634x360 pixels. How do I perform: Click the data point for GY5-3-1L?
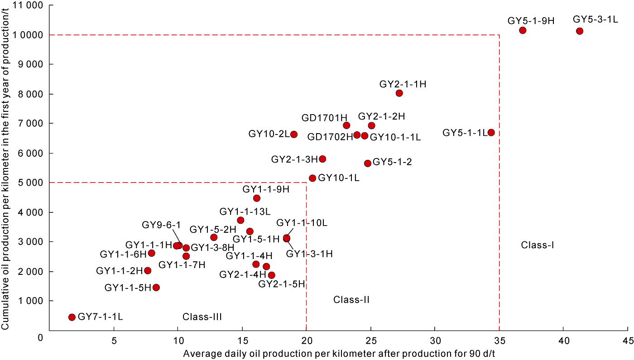coord(580,31)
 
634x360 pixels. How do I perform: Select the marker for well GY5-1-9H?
coord(523,30)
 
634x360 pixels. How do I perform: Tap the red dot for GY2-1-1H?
coord(399,93)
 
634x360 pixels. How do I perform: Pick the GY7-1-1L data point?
coord(72,317)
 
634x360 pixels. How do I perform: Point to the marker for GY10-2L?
coord(294,134)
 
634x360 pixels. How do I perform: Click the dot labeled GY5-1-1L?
coord(491,133)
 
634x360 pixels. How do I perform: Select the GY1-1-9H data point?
coord(257,198)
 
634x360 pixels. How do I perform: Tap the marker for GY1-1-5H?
coord(156,288)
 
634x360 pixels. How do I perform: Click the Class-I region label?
coord(538,245)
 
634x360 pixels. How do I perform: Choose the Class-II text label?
coord(352,299)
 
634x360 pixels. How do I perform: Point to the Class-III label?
coord(202,317)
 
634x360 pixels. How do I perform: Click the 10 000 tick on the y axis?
coord(28,35)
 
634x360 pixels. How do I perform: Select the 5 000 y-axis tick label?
coord(30,183)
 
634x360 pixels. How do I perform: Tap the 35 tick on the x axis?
coord(499,340)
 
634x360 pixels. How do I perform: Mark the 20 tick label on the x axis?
coord(306,340)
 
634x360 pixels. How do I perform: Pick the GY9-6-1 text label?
coord(161,225)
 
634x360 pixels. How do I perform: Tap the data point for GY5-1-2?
coord(368,163)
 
